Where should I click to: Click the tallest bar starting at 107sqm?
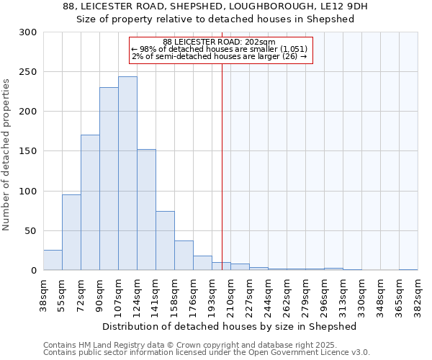tap(127, 173)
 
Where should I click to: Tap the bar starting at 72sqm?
tap(90, 202)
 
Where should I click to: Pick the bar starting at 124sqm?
tap(146, 210)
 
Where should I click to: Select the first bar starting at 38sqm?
tap(53, 260)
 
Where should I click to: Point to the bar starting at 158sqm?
tap(184, 256)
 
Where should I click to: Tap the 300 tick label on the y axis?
tap(28, 32)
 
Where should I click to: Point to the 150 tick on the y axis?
tap(28, 151)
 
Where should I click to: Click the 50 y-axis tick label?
tap(31, 230)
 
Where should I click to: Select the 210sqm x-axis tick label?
tap(230, 294)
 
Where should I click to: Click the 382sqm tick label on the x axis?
tap(418, 294)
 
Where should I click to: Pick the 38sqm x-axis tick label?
tap(43, 294)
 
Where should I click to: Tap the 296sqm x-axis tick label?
tap(325, 294)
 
